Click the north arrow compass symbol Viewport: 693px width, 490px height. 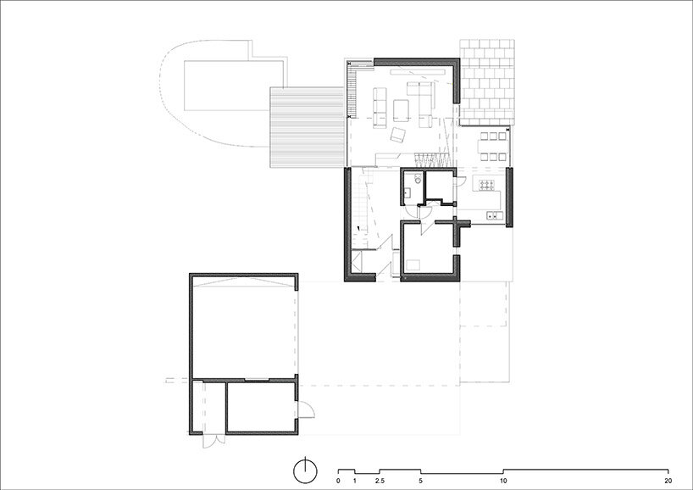coord(305,471)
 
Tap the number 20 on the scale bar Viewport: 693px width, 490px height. coord(668,481)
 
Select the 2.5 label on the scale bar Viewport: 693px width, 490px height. coord(380,481)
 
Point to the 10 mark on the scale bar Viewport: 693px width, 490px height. coord(503,481)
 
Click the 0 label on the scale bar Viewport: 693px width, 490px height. coord(338,481)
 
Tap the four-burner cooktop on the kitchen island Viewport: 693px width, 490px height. coord(486,186)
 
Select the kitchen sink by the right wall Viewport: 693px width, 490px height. coord(495,215)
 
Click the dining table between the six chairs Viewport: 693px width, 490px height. coord(492,146)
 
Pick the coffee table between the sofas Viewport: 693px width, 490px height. coord(402,110)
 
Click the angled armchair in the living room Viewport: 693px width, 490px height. coord(398,135)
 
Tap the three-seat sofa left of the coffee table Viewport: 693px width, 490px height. coord(380,108)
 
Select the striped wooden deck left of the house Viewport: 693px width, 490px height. coord(308,127)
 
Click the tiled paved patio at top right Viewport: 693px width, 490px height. coord(486,83)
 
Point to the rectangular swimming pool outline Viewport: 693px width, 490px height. coord(234,86)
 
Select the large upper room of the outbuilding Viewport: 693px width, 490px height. coord(243,327)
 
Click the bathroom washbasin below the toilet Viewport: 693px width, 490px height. coord(407,192)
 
